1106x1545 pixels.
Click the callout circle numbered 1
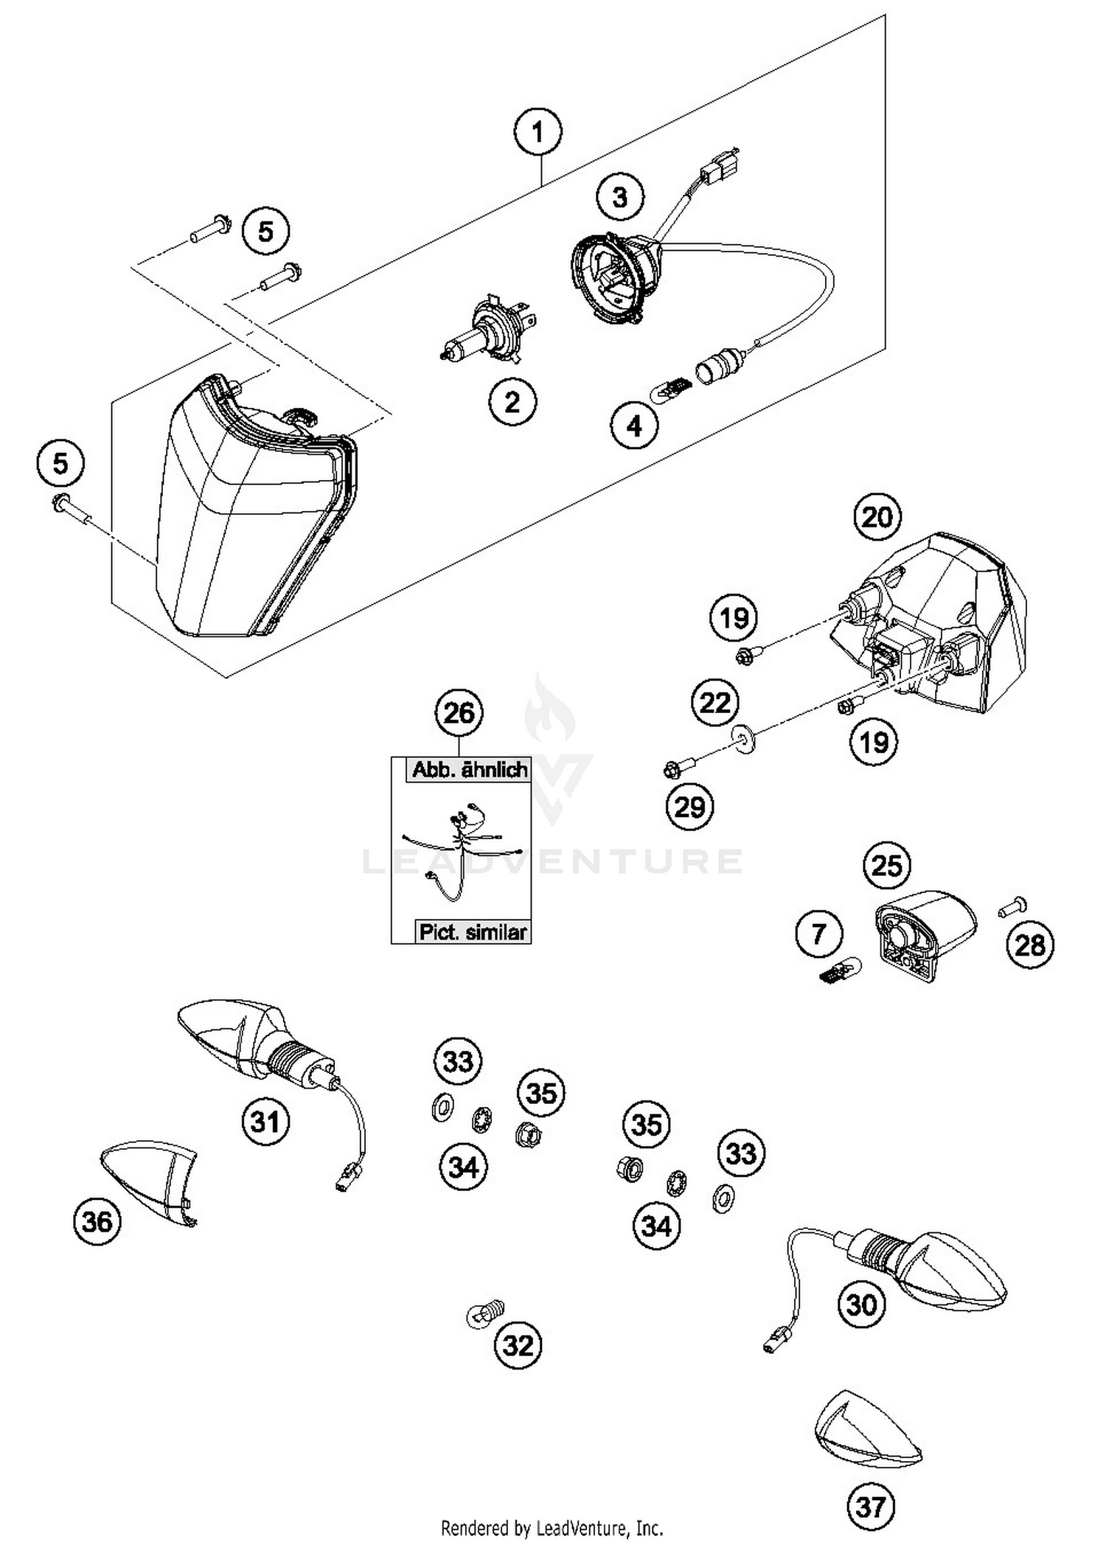coord(538,133)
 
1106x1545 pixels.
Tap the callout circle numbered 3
coord(620,197)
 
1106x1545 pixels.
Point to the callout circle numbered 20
coord(877,517)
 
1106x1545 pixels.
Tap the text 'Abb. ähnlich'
coord(470,770)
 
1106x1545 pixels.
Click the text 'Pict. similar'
coord(473,932)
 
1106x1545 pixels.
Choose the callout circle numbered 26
coord(459,713)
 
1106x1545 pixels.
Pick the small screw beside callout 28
coord(1013,907)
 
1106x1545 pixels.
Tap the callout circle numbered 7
coord(818,935)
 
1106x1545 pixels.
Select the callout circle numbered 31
coord(265,1122)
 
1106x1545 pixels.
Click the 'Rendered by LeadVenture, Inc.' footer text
coord(552,1527)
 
